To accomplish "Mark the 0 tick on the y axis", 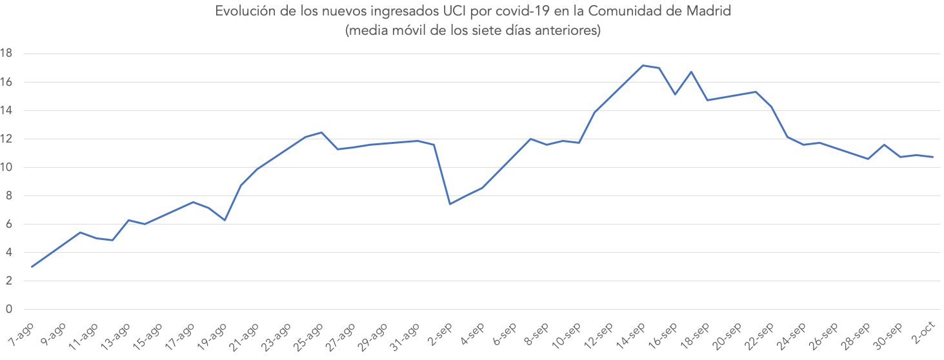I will (9, 309).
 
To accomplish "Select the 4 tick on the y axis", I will (9, 252).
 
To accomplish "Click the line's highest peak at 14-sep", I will (643, 65).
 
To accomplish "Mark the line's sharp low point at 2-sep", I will (450, 204).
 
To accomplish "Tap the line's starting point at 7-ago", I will (32, 266).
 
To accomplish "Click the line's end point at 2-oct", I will (932, 157).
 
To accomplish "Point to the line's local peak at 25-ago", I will (321, 132).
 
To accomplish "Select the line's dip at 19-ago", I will (225, 221).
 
